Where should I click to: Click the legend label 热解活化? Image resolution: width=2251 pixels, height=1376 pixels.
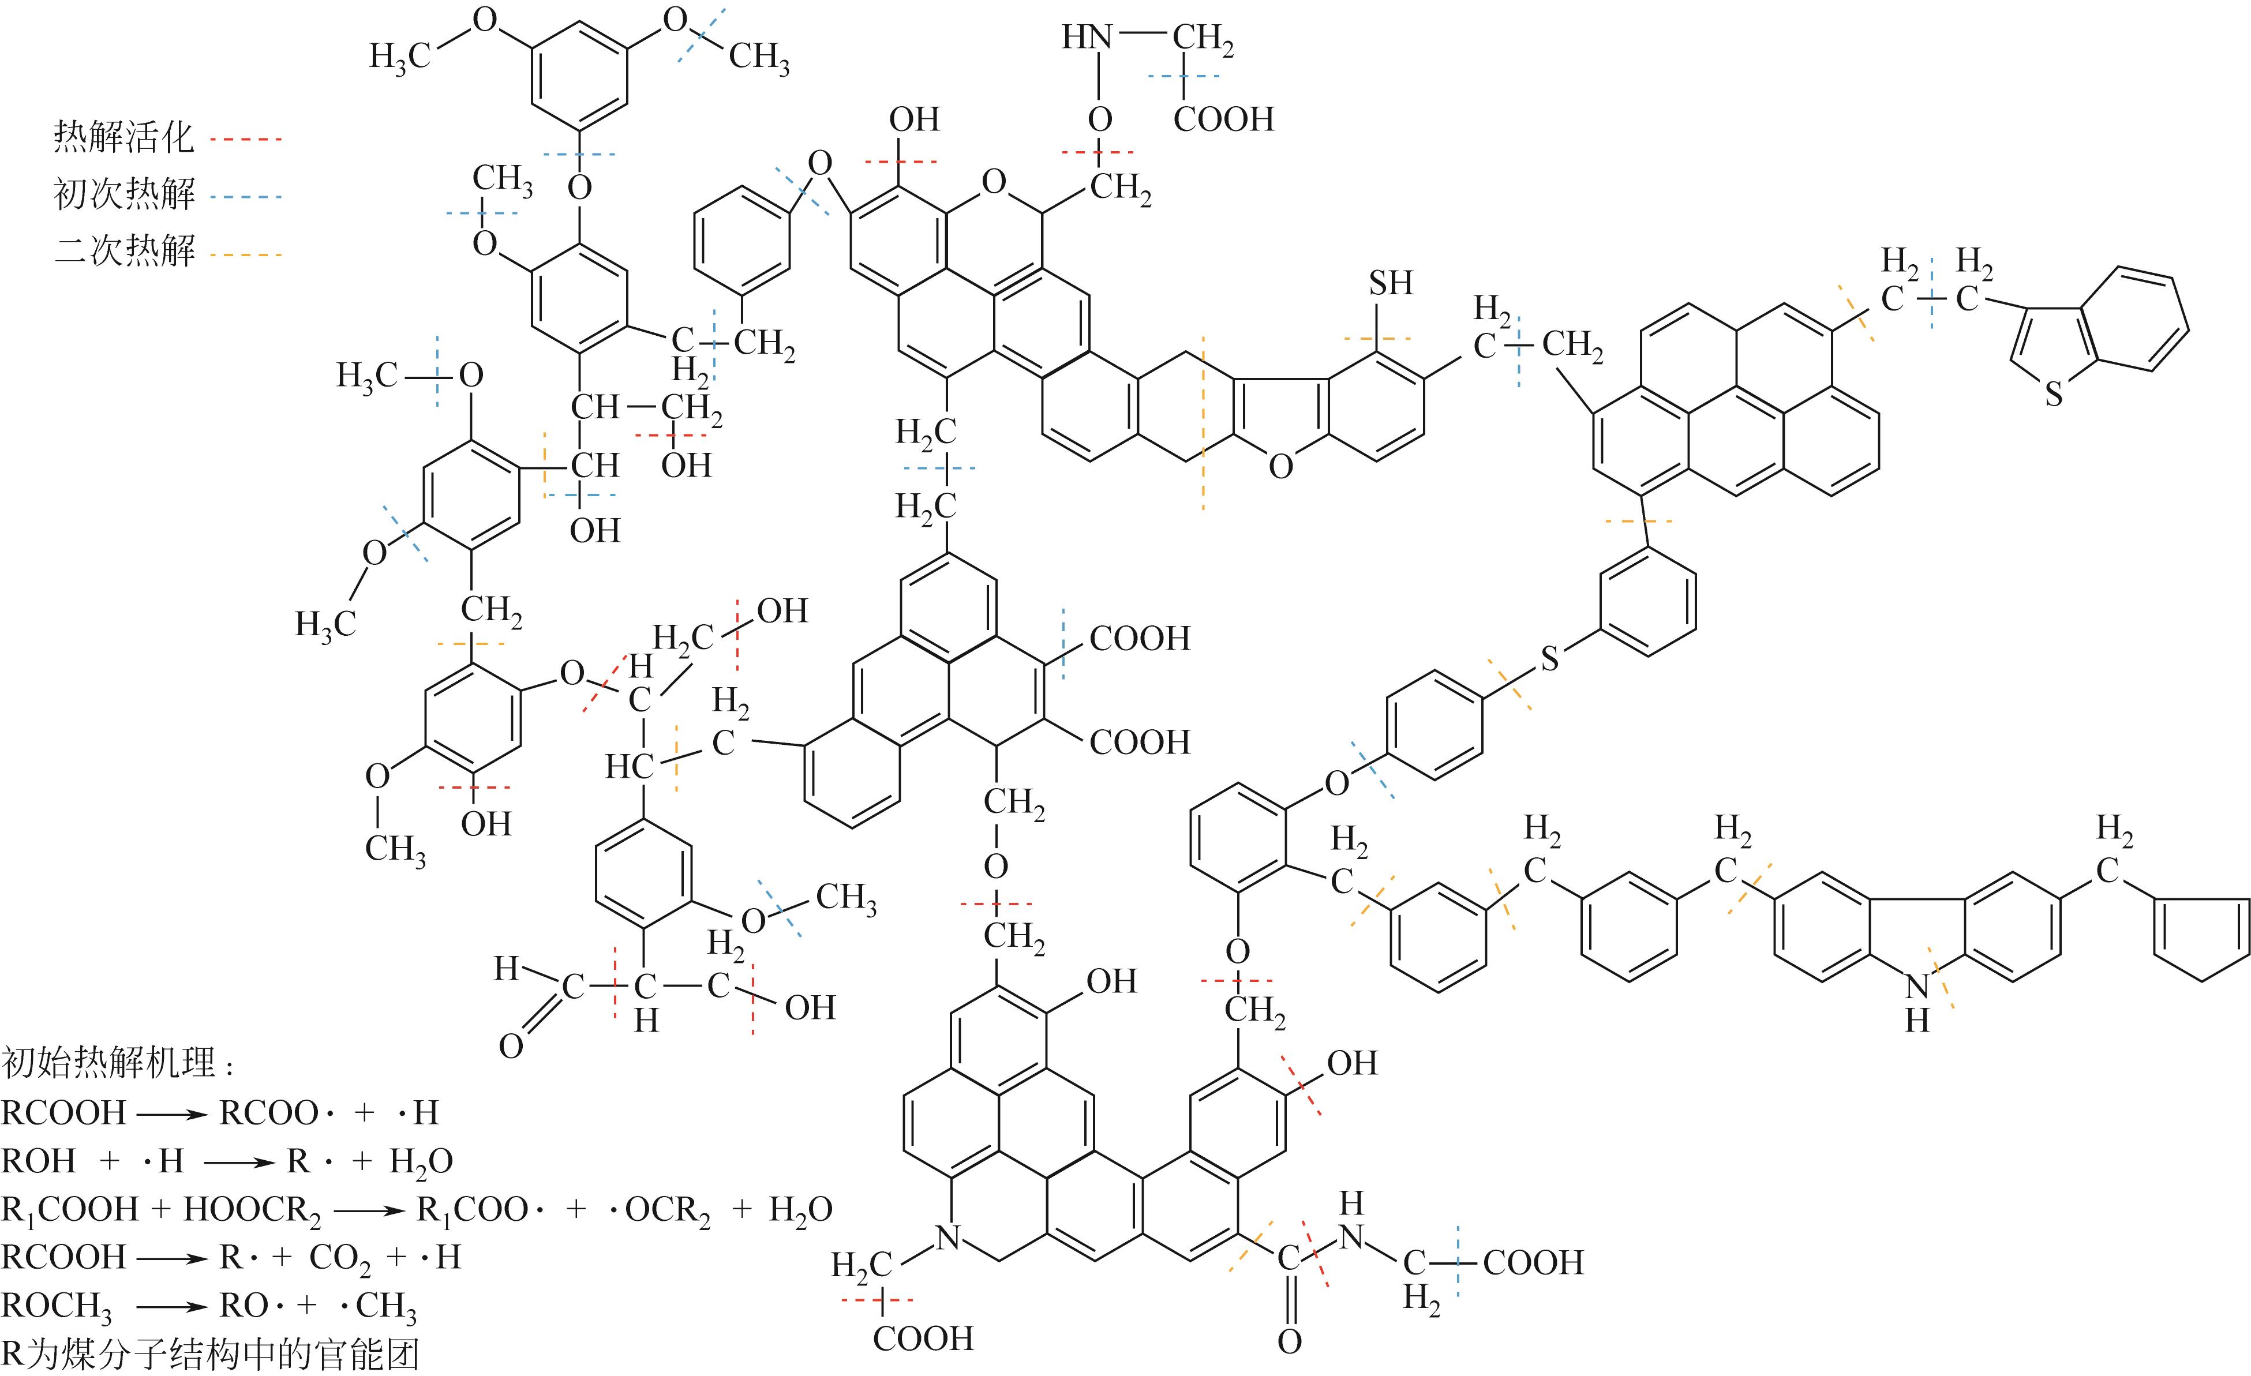[123, 138]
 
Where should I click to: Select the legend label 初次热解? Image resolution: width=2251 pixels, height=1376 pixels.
[123, 194]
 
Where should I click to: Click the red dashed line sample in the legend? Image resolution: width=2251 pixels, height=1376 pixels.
[245, 140]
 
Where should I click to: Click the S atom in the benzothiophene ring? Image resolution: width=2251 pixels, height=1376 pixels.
[2054, 394]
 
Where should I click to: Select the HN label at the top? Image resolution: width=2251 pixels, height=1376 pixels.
[1086, 38]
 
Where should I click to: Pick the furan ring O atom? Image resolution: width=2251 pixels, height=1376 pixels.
[1281, 467]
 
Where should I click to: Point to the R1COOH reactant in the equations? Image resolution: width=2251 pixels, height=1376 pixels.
[69, 1210]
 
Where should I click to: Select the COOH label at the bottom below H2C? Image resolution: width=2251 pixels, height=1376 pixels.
[923, 1338]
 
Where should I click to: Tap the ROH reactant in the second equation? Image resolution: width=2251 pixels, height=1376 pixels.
[38, 1161]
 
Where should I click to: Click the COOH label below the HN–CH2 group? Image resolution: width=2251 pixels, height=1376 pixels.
[1222, 119]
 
